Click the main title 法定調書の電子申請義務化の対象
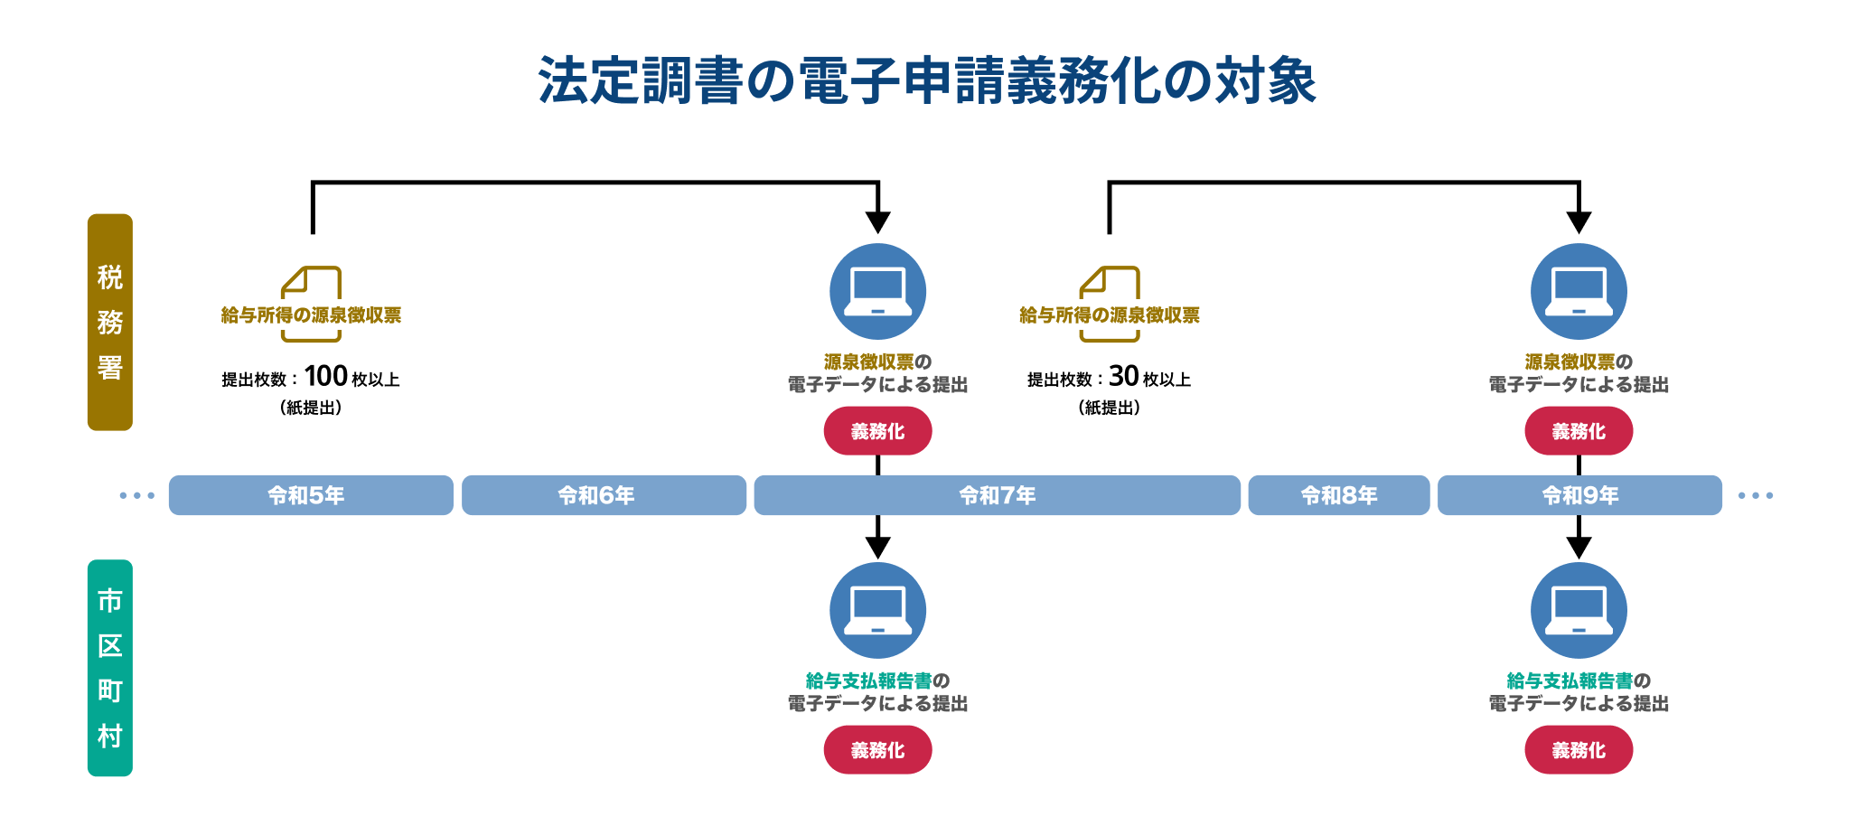point(927,81)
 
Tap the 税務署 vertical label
point(110,322)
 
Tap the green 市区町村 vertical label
point(110,668)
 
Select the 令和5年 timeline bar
point(311,495)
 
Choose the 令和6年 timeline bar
point(604,495)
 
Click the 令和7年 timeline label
point(997,495)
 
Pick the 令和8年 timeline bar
point(1338,495)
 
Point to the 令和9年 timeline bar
point(1579,495)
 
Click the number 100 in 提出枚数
point(325,376)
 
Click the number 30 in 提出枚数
point(1123,376)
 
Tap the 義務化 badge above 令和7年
point(877,431)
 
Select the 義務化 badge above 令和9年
point(1579,431)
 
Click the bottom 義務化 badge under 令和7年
point(877,750)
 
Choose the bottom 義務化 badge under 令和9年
point(1579,750)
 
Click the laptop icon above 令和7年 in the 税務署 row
point(877,291)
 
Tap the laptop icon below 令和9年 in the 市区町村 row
point(1579,610)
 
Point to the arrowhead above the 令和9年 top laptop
point(1579,221)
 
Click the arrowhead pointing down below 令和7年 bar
point(877,547)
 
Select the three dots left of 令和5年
point(137,495)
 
